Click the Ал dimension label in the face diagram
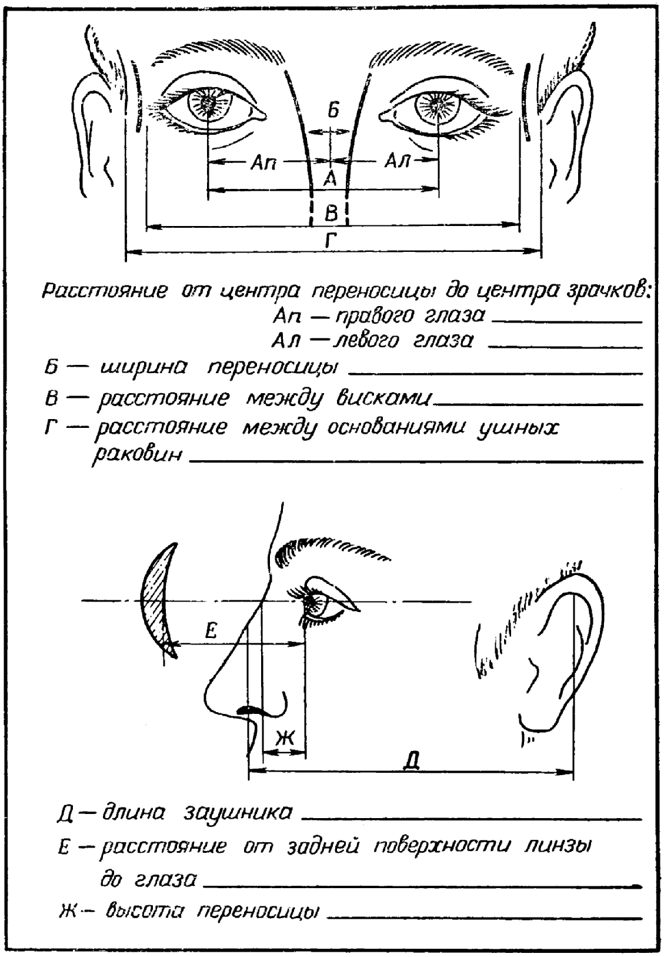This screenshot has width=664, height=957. [397, 161]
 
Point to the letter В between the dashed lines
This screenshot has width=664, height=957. [331, 212]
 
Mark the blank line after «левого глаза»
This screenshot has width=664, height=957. [565, 347]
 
